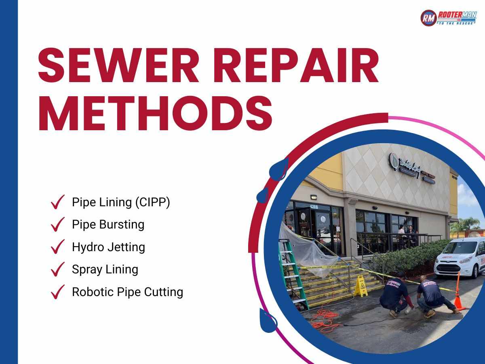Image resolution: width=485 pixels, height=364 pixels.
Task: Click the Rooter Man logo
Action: point(448,18)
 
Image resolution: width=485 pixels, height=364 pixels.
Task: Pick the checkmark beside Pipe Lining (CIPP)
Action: point(58,202)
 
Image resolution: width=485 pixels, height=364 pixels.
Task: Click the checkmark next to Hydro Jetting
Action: point(58,247)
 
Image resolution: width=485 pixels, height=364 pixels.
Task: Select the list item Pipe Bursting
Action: point(108,224)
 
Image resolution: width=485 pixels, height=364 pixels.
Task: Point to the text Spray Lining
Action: point(105,269)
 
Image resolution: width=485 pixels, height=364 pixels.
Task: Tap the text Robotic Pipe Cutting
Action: point(127,292)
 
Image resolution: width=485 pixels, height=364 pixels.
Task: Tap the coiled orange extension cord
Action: point(325,320)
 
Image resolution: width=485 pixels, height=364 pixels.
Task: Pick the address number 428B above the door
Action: point(314,206)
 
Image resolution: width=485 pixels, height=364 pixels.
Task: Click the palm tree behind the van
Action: point(469,224)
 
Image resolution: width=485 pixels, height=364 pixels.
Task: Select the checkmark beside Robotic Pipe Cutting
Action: point(58,292)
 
